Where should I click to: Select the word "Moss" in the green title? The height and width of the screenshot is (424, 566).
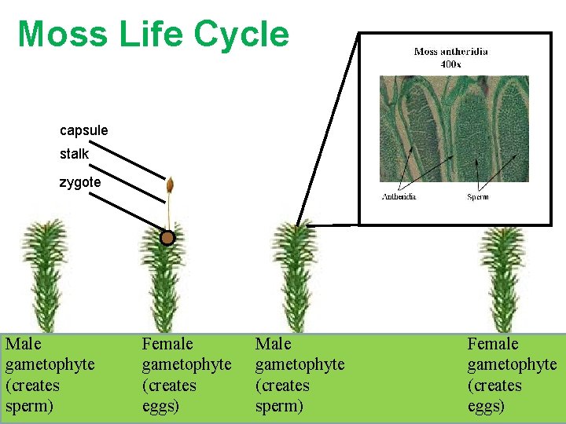(62, 35)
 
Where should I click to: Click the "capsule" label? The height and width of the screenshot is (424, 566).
(84, 130)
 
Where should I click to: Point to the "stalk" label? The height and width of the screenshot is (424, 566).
(75, 154)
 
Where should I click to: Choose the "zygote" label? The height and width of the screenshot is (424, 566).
(80, 182)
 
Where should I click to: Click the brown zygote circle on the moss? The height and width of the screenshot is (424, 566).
(167, 238)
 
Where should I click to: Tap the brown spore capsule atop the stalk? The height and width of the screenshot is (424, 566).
(169, 186)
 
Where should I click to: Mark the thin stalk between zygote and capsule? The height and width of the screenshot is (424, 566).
(167, 214)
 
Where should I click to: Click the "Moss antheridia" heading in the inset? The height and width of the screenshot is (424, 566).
(450, 52)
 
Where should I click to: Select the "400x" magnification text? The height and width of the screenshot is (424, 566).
(450, 63)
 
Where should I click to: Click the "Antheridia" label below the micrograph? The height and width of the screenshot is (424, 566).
(399, 196)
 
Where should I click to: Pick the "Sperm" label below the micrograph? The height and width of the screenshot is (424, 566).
(477, 196)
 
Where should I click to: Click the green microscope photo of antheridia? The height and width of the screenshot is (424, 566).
(454, 129)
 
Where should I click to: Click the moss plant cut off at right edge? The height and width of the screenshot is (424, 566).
(502, 275)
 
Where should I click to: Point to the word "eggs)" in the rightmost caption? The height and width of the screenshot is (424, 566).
(486, 406)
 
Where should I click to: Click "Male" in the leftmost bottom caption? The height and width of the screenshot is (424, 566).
(23, 344)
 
